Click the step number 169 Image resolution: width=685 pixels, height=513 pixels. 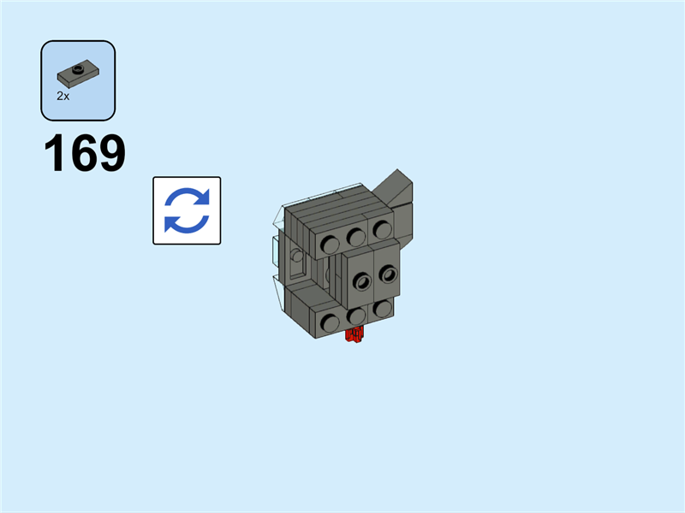point(85,153)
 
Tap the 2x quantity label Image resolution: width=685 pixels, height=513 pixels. point(63,96)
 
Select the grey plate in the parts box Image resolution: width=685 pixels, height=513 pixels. point(78,74)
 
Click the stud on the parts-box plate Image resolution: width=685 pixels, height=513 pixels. point(78,68)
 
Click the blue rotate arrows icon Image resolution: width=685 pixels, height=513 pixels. point(187,210)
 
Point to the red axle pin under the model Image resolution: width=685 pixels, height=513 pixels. point(354,334)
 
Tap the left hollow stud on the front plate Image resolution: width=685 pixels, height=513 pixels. point(362,281)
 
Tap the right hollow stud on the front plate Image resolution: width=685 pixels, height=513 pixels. point(388,274)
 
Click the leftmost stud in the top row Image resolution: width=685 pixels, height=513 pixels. point(330,245)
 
